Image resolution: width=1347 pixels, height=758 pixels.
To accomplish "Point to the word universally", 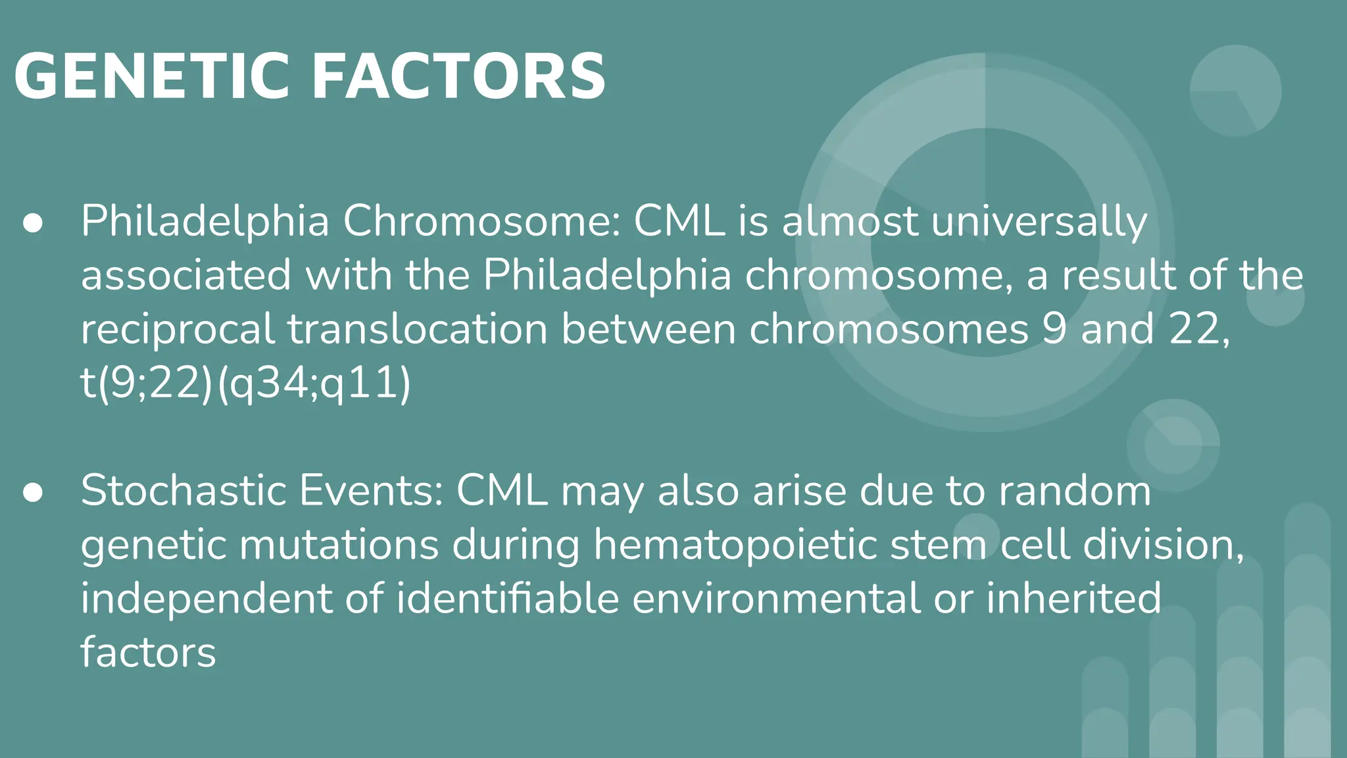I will pos(1039,222).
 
